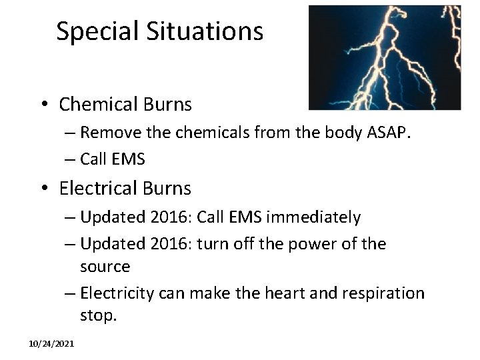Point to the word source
(105, 266)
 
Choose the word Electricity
(117, 293)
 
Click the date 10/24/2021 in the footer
(51, 343)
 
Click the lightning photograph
(385, 58)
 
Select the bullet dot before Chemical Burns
(43, 105)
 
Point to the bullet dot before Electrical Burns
(43, 189)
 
